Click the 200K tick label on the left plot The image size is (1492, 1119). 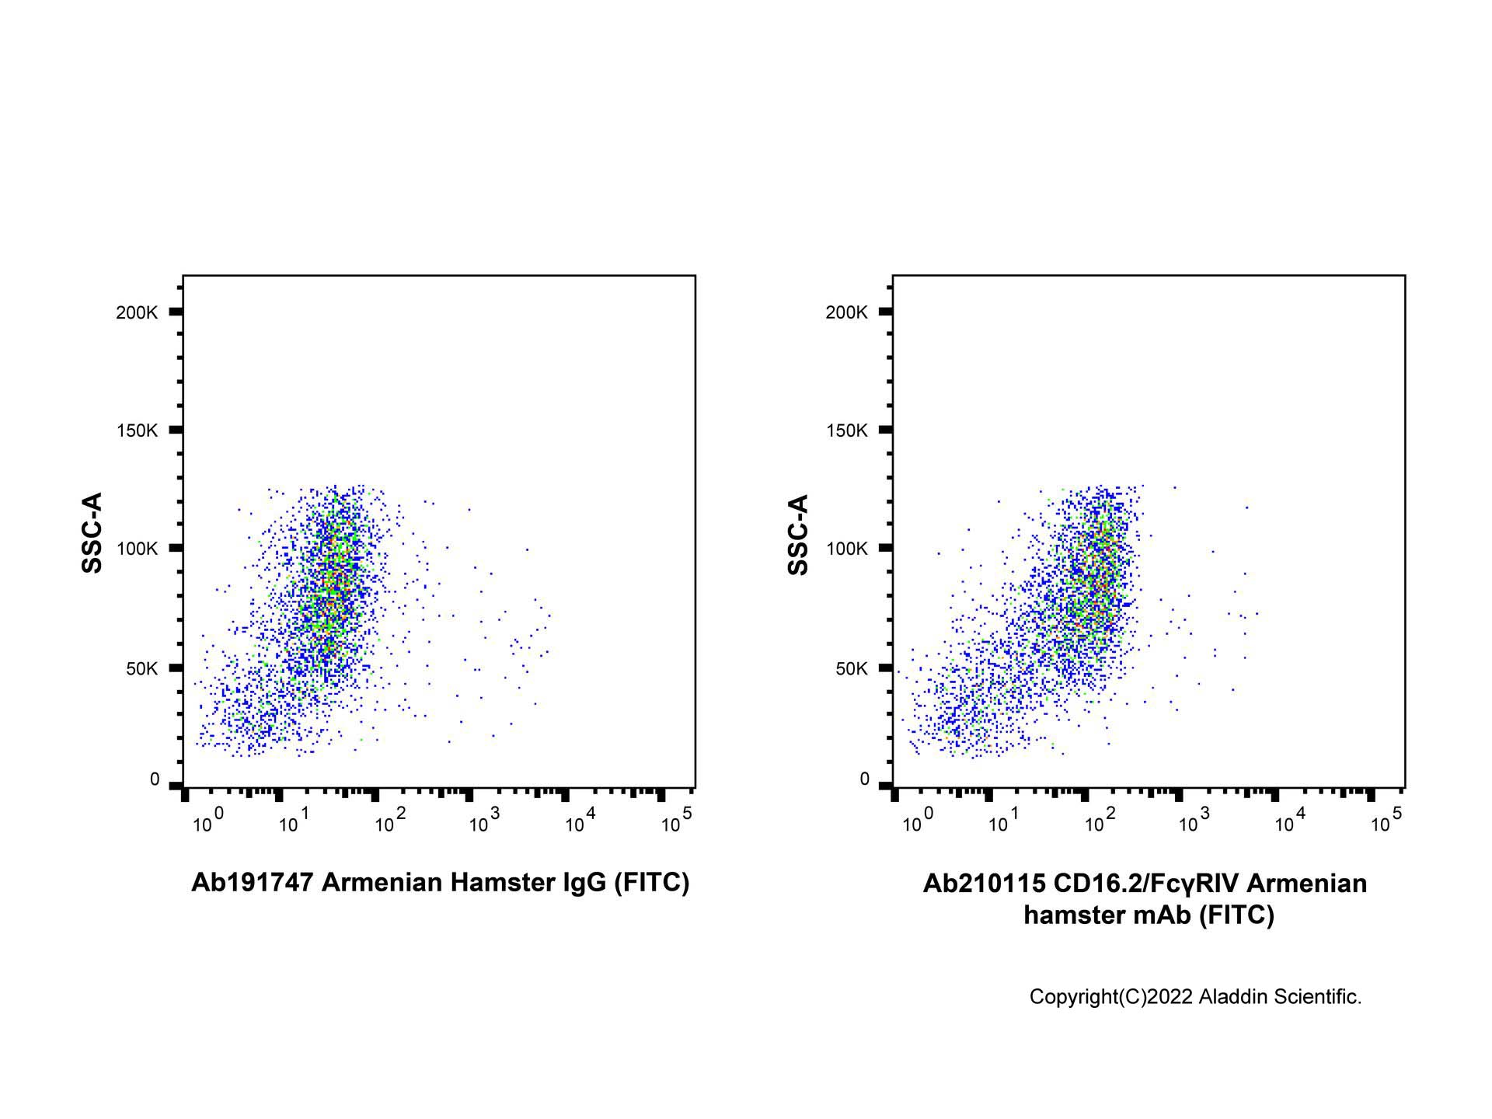pos(137,312)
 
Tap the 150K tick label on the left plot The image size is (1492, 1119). pos(137,431)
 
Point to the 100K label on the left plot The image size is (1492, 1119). pos(137,549)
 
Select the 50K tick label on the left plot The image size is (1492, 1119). pos(141,668)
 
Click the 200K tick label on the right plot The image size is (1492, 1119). pos(846,312)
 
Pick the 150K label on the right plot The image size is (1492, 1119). pos(846,431)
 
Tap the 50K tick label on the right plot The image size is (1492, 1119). pos(851,668)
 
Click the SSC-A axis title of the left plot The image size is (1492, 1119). pos(92,533)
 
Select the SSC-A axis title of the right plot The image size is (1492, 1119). pos(798,535)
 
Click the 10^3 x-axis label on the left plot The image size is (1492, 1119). pos(484,821)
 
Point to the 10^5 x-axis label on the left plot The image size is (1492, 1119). pos(676,821)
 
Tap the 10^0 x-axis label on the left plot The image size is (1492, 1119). pos(208,821)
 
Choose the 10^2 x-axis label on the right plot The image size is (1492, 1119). pos(1100,821)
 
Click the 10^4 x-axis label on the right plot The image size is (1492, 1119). pos(1290,821)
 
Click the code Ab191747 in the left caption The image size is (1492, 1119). pos(253,883)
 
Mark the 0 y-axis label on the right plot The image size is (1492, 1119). pos(864,779)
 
